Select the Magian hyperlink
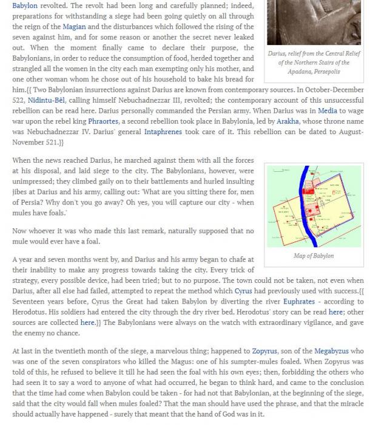74,27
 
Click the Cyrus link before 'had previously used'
243,291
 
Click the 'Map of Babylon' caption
314,256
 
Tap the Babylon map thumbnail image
314,205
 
